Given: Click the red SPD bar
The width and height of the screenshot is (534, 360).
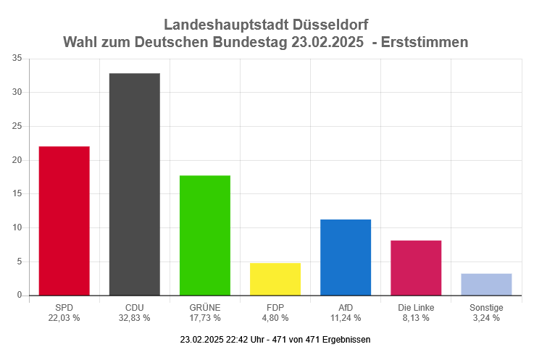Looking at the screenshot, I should (64, 221).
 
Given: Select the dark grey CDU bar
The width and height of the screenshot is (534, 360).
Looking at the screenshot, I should (135, 184).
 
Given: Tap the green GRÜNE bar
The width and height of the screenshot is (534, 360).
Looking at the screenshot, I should (205, 235).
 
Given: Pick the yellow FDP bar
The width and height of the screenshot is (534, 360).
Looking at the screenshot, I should (275, 279).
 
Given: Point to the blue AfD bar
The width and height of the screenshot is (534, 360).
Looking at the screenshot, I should (346, 257).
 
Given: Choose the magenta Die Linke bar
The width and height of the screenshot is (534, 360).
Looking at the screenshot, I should (416, 268).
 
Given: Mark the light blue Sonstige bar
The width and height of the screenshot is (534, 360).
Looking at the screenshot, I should (486, 285).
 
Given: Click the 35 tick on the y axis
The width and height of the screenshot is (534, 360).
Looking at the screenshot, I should (17, 59).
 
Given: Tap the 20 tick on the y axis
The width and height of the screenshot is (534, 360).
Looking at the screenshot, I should (17, 160).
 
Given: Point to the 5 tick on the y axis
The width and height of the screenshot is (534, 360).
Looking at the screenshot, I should (20, 261).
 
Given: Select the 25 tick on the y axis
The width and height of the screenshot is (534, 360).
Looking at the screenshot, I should (17, 126).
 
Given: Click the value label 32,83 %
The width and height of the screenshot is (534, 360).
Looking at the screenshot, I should (135, 317).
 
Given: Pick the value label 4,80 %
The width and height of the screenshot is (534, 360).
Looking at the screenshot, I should (275, 317).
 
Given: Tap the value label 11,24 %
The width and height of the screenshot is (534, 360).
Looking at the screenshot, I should (346, 317).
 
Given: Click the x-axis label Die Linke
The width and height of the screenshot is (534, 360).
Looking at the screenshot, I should (416, 307).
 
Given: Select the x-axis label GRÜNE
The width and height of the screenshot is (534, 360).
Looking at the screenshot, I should (205, 307).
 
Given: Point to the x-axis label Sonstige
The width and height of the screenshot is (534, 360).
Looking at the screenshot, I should (486, 307).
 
